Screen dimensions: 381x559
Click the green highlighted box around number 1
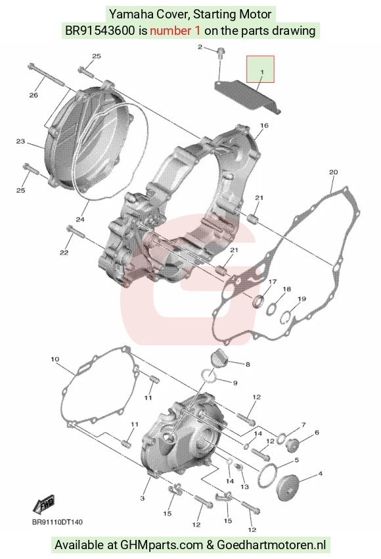(260, 69)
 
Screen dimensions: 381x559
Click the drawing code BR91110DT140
(57, 522)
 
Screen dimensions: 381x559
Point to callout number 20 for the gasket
(333, 172)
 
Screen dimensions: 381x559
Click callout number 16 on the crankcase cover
(264, 126)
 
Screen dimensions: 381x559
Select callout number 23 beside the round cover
(20, 141)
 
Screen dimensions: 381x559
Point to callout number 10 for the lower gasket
(55, 359)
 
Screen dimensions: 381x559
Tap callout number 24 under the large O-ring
(79, 219)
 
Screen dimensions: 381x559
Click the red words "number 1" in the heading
(175, 31)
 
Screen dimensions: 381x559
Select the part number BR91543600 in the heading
(100, 31)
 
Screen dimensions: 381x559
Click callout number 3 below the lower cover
(143, 498)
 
